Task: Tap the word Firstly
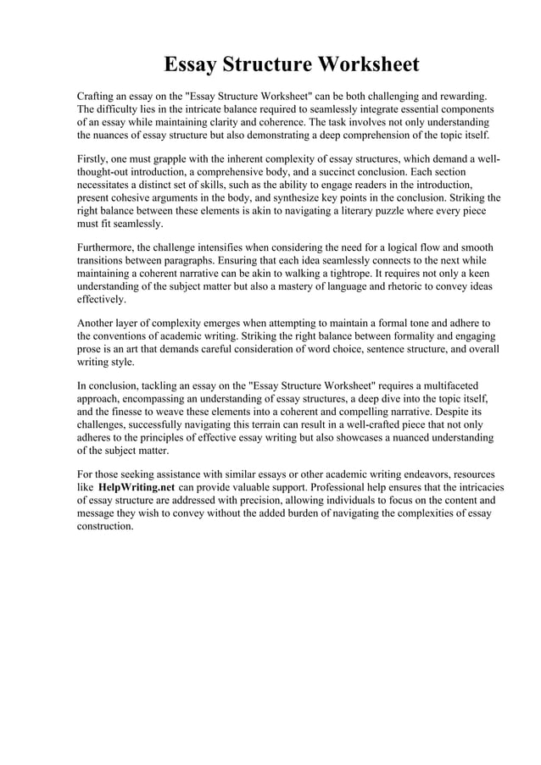(x=94, y=159)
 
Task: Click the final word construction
(x=105, y=526)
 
